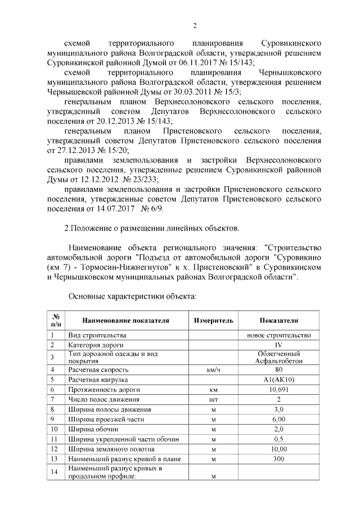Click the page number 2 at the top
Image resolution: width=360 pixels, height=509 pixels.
point(195,26)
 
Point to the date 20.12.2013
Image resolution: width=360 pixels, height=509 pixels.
point(118,122)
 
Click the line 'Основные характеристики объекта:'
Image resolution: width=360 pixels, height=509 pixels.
point(132,295)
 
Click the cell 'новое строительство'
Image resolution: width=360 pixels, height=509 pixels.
point(278,336)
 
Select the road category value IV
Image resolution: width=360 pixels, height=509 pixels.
point(278,345)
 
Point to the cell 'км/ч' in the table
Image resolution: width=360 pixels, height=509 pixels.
point(213,370)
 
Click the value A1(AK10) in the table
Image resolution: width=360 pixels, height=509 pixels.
point(278,380)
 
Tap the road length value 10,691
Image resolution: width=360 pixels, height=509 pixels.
point(278,389)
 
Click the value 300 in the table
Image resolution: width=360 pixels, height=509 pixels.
point(278,459)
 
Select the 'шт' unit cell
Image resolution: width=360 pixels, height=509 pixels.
point(213,399)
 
